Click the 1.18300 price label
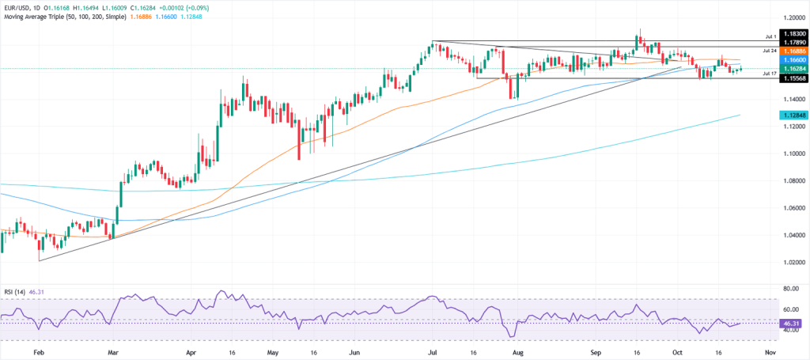pyautogui.click(x=793, y=35)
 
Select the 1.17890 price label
pyautogui.click(x=793, y=41)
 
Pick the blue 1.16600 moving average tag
pyautogui.click(x=793, y=59)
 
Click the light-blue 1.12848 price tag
pyautogui.click(x=793, y=115)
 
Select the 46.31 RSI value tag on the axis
pyautogui.click(x=792, y=324)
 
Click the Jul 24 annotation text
pyautogui.click(x=770, y=50)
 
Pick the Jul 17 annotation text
pyautogui.click(x=770, y=73)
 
